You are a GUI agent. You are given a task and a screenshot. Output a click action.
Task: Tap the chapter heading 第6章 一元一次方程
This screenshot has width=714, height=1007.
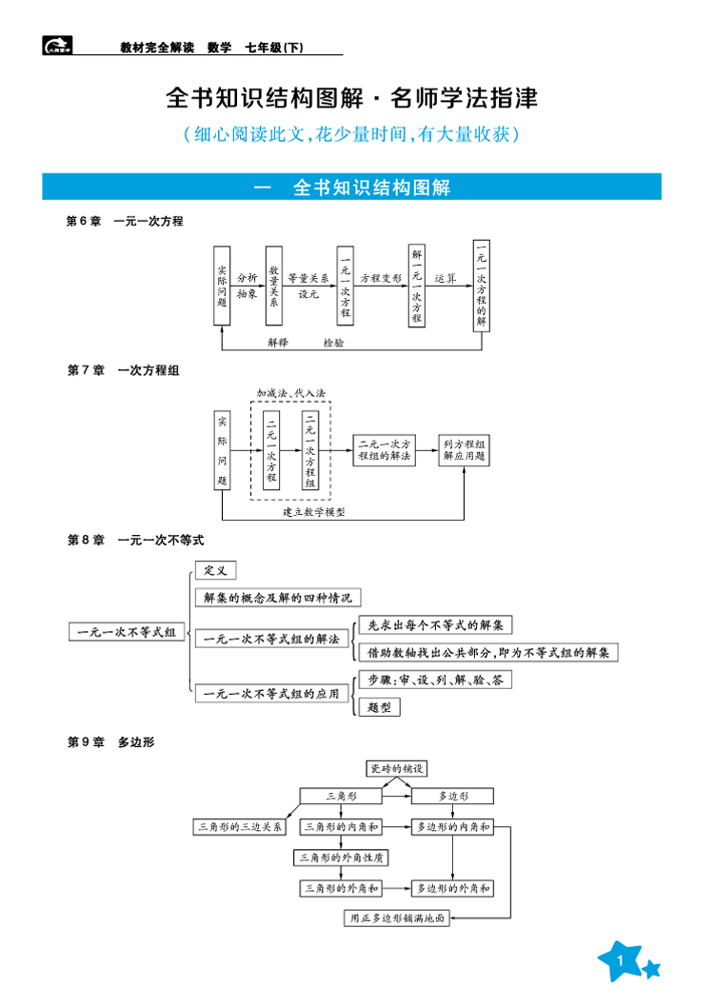point(125,221)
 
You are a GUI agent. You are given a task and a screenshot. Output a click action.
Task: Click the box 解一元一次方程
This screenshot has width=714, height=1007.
point(416,285)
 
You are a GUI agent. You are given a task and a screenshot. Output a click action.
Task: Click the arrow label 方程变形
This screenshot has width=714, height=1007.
point(381,278)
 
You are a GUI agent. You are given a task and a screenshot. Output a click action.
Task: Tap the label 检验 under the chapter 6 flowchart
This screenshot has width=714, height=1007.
point(334,342)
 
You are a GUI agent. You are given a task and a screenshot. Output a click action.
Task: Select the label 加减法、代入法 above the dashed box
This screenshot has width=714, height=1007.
point(290,392)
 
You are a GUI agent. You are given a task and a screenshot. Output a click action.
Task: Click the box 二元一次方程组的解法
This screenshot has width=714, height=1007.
point(385,450)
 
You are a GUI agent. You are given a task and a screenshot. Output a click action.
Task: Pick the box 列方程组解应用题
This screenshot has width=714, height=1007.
point(465,450)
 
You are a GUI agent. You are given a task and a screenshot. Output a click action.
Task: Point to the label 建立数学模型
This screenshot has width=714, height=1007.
point(313,512)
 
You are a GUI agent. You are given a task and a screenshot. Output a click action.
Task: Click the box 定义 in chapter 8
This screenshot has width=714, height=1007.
point(215,570)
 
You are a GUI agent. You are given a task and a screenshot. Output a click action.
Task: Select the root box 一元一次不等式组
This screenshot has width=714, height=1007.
point(127,632)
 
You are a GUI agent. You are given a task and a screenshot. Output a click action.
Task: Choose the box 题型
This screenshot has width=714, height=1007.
point(379,706)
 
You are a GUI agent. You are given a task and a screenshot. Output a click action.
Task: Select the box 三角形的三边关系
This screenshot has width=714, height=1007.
point(240,827)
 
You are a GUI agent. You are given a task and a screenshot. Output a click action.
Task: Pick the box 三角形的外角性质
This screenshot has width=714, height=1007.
point(342,858)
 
